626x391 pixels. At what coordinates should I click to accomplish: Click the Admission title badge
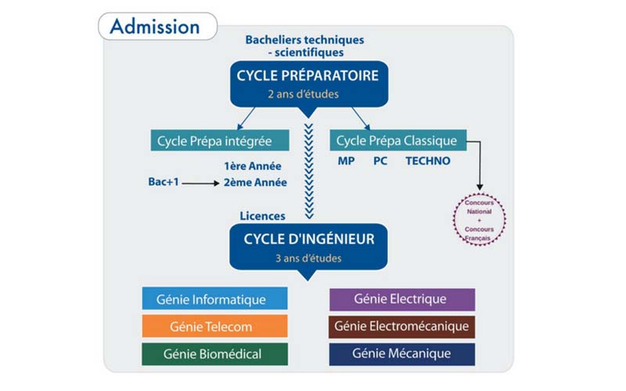pos(154,27)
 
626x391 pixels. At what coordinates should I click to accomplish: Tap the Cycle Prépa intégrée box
pos(214,142)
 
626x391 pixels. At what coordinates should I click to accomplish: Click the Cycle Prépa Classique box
pos(398,142)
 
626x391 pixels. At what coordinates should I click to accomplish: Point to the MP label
pos(346,162)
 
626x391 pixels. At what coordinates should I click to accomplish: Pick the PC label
pos(380,162)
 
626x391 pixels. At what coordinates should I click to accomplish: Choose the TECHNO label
pos(427,162)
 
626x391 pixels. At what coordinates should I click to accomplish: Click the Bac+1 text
pos(163,182)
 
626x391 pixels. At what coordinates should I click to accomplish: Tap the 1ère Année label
pos(253,166)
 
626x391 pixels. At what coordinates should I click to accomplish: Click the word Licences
pos(262,216)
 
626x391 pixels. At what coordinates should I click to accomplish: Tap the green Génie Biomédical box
pos(214,353)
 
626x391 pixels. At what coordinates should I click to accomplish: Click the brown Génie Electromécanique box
pos(401,326)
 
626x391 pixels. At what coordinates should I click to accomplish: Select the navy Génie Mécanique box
pos(401,353)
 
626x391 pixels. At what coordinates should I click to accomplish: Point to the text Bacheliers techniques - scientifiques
pos(304,46)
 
